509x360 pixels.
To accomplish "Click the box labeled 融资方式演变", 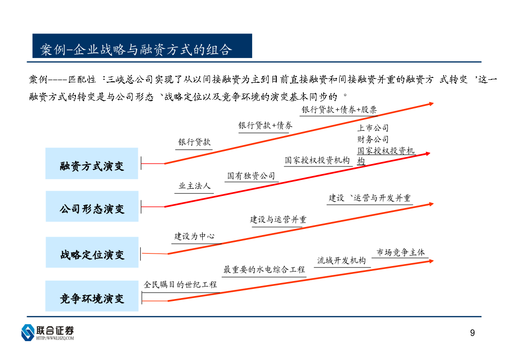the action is [91, 163].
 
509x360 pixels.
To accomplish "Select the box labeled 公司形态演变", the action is [92, 206].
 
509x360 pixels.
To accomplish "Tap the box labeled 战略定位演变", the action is [92, 252].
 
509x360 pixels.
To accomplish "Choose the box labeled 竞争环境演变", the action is [92, 296].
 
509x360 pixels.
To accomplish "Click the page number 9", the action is [472, 333].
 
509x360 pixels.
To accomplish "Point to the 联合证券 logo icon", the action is [28, 332].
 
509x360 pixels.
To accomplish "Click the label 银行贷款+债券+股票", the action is [339, 110].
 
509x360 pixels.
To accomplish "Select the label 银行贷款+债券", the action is [265, 125].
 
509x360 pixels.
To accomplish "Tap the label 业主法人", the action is [195, 186].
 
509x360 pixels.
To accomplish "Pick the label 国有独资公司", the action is [251, 176].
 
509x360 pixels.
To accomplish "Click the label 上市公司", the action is [373, 128].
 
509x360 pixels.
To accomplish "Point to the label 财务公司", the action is [373, 139].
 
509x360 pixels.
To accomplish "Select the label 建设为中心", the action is [195, 236].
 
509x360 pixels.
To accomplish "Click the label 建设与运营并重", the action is [278, 220].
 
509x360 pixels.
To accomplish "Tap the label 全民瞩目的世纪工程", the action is [180, 285].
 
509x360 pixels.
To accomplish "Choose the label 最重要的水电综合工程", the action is [264, 270].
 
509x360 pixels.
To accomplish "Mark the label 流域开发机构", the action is [342, 260].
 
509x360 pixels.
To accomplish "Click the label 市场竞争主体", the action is [401, 252].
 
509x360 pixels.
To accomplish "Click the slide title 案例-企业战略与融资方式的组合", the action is [136, 50].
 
